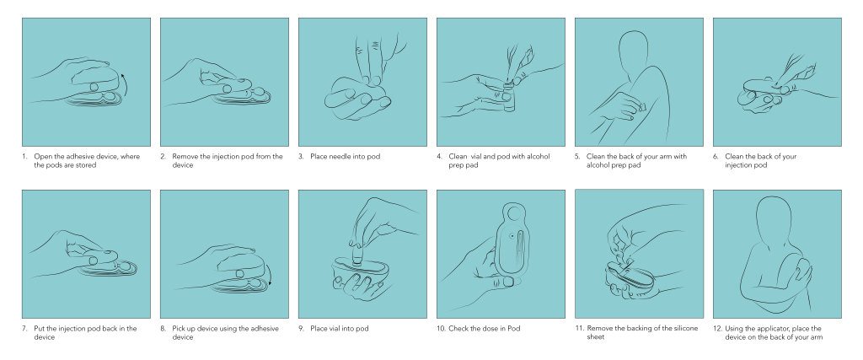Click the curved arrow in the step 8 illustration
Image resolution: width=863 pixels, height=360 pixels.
tap(269, 273)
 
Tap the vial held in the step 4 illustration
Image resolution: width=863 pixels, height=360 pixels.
tap(508, 97)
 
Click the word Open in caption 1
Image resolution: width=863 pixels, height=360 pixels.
tap(42, 157)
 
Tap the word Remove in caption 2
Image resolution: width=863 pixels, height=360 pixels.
tap(185, 156)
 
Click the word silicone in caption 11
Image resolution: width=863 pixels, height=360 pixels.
tap(685, 328)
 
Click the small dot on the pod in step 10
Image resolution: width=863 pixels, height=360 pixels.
tap(512, 235)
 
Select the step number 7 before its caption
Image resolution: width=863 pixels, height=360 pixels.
tap(24, 329)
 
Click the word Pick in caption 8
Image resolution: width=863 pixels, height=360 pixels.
tap(179, 329)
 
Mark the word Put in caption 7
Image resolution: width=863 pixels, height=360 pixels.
tap(40, 329)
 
